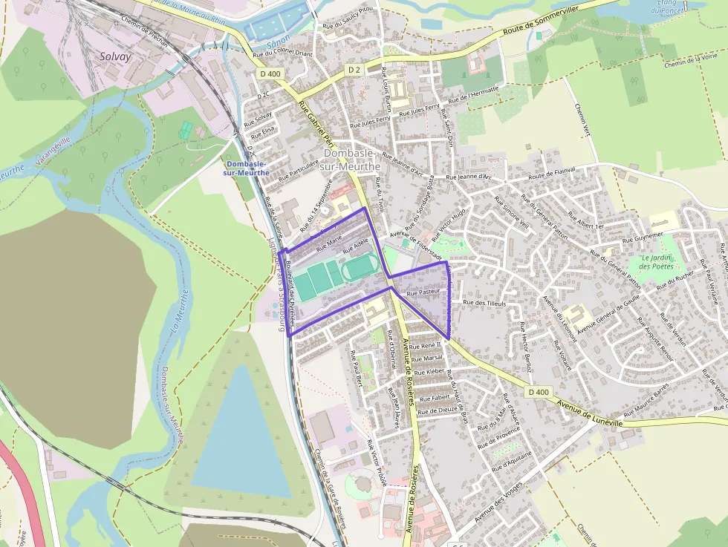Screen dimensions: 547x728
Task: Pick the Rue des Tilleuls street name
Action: (x=484, y=303)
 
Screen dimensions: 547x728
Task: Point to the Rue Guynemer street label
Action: (x=642, y=238)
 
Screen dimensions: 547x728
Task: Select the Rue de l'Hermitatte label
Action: (x=473, y=94)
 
